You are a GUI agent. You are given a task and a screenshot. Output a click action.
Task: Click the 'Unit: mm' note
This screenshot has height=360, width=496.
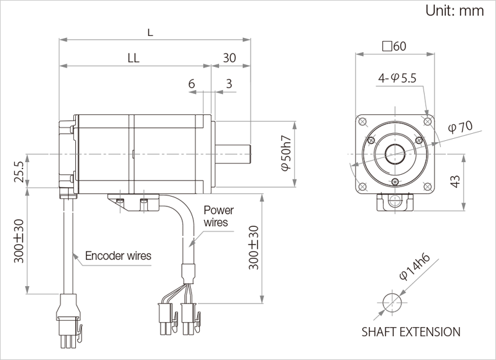[x=455, y=11]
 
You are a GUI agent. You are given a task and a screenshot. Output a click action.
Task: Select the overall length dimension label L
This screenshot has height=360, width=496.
[x=150, y=32]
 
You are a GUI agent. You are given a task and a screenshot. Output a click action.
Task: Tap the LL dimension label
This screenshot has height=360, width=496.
[x=134, y=58]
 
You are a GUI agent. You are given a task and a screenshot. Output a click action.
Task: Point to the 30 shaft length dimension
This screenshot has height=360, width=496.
[x=229, y=58]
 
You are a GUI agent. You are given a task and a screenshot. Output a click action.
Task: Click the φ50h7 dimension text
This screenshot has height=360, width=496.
[x=286, y=153]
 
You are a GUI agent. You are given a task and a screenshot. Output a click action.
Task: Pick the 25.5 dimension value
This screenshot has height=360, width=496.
[x=19, y=171]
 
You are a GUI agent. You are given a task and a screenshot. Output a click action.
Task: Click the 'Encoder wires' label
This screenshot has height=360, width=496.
[x=118, y=255]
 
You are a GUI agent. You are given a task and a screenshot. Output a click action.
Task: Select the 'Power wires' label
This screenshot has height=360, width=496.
[x=218, y=216]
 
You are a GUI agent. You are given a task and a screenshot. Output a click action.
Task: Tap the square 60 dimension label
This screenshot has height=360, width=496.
[x=394, y=46]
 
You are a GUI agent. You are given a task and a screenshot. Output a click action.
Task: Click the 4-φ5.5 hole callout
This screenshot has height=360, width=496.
[x=397, y=78]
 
